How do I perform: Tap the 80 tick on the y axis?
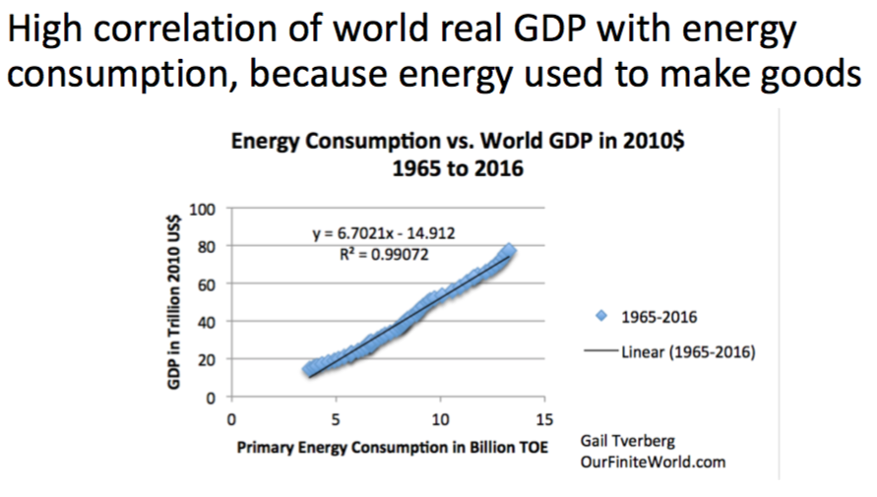[x=208, y=246]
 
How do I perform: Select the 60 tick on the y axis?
[x=208, y=284]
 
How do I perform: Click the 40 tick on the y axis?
[x=208, y=322]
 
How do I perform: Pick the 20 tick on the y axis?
[x=208, y=360]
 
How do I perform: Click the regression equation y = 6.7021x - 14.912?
[x=383, y=233]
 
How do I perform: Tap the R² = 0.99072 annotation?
[x=383, y=252]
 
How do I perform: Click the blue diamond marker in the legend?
[x=601, y=317]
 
